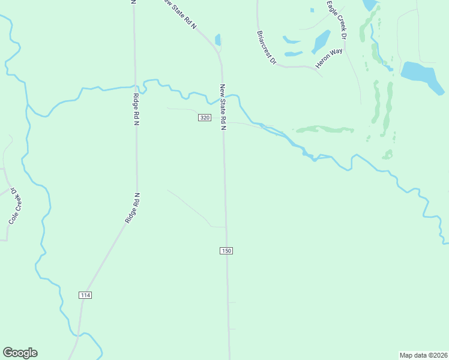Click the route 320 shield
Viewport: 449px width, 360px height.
click(204, 118)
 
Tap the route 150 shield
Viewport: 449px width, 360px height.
click(226, 250)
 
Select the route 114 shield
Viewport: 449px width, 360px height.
click(85, 295)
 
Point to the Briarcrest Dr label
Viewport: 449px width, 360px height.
click(266, 48)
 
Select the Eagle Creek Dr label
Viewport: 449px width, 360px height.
click(337, 20)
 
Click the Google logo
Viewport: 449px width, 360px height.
click(20, 353)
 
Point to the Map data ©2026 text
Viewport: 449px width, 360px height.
click(424, 355)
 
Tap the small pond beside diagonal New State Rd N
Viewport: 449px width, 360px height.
click(218, 40)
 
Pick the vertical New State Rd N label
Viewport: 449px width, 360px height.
click(223, 107)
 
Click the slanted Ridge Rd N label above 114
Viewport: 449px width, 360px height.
click(133, 208)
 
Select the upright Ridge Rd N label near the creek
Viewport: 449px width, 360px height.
click(136, 109)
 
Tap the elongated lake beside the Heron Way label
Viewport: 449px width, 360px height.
click(321, 41)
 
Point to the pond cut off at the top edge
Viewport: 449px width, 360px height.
click(370, 5)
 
